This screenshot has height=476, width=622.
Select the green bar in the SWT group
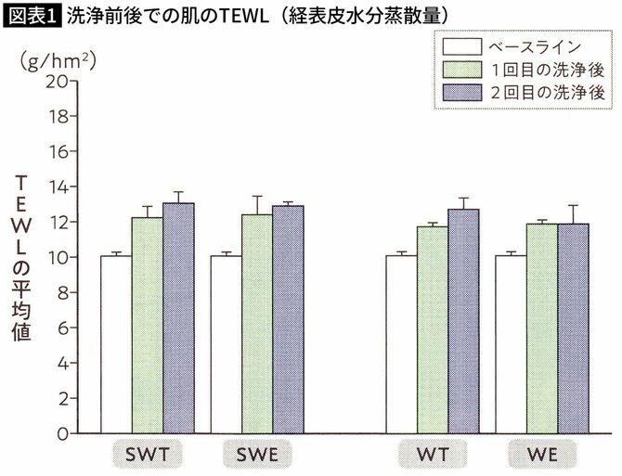click(147, 325)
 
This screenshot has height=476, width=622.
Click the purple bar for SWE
click(288, 319)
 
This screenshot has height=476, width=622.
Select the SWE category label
click(257, 455)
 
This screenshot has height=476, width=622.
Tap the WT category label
click(433, 455)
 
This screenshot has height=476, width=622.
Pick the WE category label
click(542, 455)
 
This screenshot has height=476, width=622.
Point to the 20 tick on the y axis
click(59, 81)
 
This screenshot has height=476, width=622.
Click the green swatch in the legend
click(461, 70)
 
